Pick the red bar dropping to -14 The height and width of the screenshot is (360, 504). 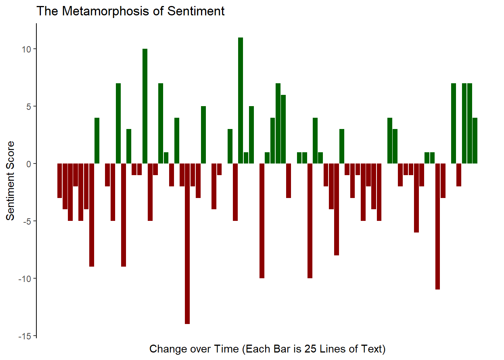click(187, 244)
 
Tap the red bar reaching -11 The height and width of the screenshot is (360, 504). click(437, 226)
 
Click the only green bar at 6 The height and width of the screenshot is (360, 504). click(283, 129)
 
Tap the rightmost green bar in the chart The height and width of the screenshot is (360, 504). click(475, 141)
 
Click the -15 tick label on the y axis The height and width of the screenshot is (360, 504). click(24, 336)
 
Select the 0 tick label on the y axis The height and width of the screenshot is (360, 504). click(29, 164)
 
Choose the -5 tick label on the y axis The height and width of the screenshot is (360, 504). click(26, 221)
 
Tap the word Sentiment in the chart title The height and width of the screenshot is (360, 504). click(196, 11)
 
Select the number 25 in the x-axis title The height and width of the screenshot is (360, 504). click(310, 349)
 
